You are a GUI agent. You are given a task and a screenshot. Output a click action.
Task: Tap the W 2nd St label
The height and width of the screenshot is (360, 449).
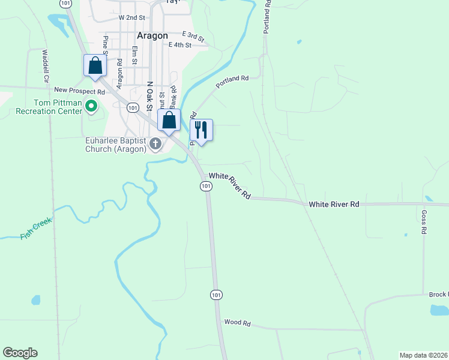[132, 18]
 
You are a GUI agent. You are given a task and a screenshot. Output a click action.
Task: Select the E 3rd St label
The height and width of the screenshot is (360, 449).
[193, 36]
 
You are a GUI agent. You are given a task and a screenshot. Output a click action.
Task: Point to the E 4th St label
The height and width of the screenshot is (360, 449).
[180, 45]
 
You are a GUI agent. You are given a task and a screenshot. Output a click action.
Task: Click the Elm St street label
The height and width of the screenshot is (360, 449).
[134, 56]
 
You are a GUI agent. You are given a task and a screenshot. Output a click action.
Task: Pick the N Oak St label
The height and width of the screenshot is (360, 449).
[150, 97]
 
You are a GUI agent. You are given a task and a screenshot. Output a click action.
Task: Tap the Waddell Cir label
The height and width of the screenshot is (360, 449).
[45, 65]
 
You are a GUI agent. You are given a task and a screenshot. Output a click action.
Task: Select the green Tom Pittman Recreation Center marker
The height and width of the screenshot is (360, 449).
[91, 107]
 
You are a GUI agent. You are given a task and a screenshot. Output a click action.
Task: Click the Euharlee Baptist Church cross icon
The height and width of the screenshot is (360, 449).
[155, 143]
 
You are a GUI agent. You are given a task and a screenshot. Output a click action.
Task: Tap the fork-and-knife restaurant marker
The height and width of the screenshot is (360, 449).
[201, 130]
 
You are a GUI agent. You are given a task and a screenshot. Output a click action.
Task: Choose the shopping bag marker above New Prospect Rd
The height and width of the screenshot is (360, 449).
[95, 65]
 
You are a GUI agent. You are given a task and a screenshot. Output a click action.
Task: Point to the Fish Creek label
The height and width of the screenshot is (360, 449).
[36, 229]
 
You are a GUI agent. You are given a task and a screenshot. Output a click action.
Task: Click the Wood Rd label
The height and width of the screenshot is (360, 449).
[237, 323]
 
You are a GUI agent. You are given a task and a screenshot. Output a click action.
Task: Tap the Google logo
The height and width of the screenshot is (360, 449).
[20, 353]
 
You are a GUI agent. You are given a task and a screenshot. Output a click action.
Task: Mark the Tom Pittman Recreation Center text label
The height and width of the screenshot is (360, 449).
[49, 107]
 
